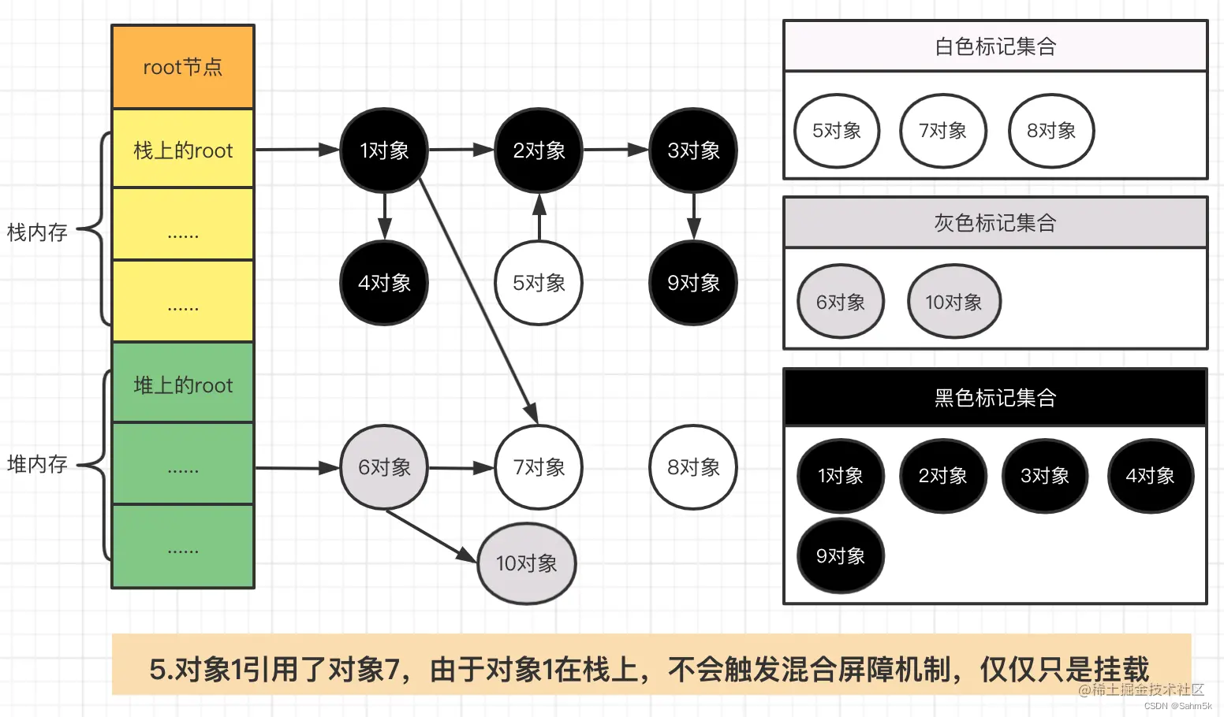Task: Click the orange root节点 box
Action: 183,67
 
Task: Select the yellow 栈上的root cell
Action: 183,150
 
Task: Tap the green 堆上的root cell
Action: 183,385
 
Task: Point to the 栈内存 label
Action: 37,232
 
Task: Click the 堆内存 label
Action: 37,464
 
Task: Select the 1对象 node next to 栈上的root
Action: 384,150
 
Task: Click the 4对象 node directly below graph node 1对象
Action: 384,283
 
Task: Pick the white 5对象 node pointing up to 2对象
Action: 539,283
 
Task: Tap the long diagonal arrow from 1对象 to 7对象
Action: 476,299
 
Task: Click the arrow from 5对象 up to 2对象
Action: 539,218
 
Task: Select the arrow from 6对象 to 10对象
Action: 430,536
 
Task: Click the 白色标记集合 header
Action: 995,46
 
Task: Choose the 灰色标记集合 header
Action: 995,223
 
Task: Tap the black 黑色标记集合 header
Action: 995,398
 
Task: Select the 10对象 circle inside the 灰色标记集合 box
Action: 953,302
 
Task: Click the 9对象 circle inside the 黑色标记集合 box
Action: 841,556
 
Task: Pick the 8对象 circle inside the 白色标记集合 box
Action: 1051,131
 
